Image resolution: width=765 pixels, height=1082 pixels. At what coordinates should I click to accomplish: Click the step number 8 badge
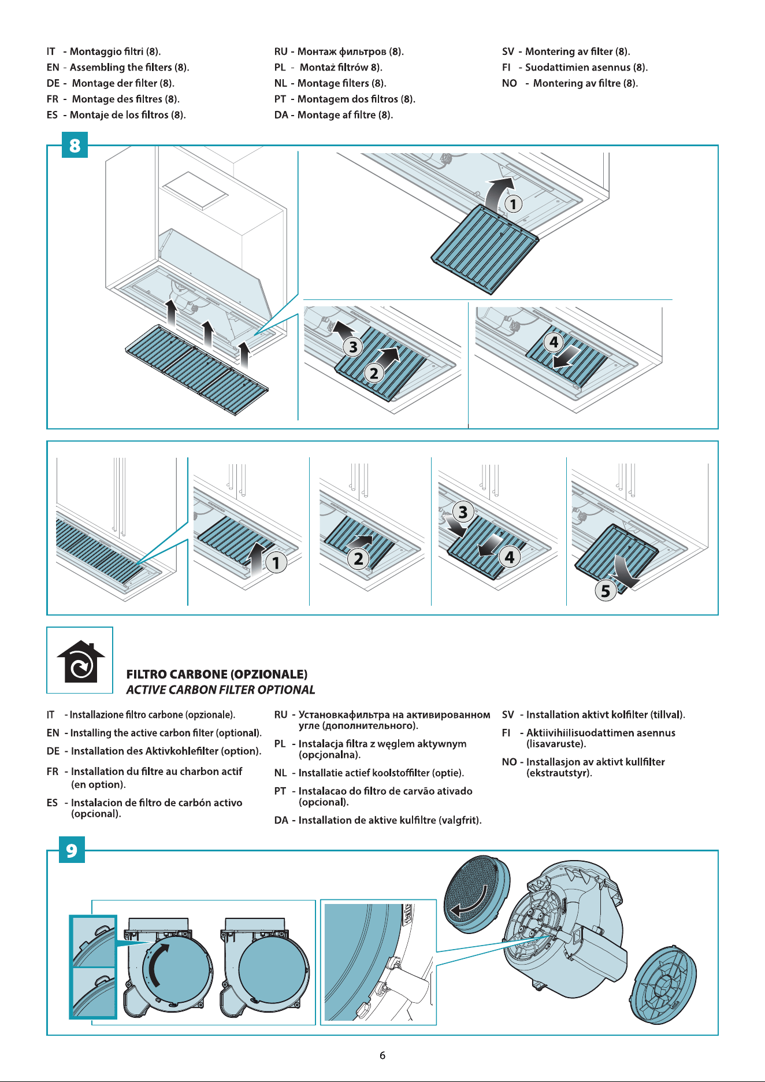pyautogui.click(x=75, y=145)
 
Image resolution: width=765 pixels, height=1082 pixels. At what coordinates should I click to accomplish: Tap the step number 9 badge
pyautogui.click(x=72, y=850)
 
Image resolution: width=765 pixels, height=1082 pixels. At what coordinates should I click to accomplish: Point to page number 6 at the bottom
pyautogui.click(x=382, y=1055)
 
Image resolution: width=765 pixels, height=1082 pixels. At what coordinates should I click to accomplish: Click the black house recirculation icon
pyautogui.click(x=81, y=661)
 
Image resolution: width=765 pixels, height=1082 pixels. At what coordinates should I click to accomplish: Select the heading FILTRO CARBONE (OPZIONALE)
pyautogui.click(x=217, y=674)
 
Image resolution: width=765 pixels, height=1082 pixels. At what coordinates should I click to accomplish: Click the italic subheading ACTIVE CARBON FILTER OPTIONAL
pyautogui.click(x=221, y=690)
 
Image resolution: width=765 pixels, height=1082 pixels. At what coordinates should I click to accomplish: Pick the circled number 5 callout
pyautogui.click(x=605, y=591)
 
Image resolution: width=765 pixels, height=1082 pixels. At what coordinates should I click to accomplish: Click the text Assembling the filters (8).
pyautogui.click(x=129, y=67)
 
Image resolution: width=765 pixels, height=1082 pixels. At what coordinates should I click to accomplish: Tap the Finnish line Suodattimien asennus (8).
pyautogui.click(x=586, y=67)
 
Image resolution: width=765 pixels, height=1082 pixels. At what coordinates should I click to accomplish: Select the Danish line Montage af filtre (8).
pyautogui.click(x=345, y=114)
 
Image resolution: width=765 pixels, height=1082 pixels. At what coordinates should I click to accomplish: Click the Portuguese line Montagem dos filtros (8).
pyautogui.click(x=356, y=99)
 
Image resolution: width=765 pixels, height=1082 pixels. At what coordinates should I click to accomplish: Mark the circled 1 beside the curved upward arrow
pyautogui.click(x=513, y=203)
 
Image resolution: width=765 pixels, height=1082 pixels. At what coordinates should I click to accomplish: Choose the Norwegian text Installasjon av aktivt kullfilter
pyautogui.click(x=596, y=762)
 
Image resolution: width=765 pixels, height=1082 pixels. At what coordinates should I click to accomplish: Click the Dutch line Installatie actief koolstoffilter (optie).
pyautogui.click(x=381, y=773)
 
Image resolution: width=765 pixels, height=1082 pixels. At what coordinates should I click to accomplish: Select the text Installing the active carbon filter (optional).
pyautogui.click(x=166, y=733)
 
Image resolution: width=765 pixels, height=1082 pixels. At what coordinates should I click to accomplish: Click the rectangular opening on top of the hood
pyautogui.click(x=195, y=190)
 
